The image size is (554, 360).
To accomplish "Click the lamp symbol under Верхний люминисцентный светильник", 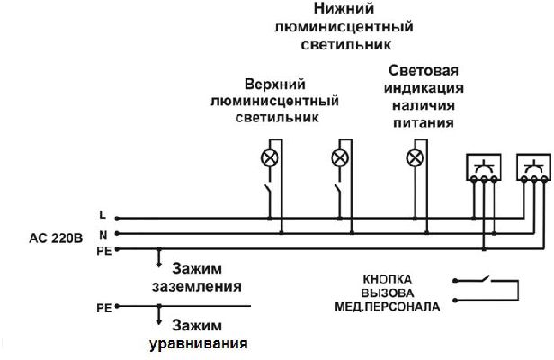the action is [x=270, y=158].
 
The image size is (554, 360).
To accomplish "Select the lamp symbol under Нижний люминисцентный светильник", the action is [x=340, y=158].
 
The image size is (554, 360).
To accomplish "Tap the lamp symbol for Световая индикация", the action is [x=415, y=158].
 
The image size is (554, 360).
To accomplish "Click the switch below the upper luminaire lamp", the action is [x=268, y=193].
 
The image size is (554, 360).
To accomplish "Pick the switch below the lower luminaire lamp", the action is [x=338, y=193].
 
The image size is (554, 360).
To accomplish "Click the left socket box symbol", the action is [x=483, y=167].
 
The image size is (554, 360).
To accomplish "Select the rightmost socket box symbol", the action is [x=533, y=167].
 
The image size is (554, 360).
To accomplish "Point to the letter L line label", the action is [x=103, y=215].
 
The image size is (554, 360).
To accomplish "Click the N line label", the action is [x=103, y=235].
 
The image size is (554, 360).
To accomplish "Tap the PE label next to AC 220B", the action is [x=104, y=251].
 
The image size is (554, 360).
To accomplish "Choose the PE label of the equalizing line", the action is [x=104, y=308].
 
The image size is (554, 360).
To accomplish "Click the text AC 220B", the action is [x=56, y=238].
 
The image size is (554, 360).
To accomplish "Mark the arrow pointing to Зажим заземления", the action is [x=159, y=257].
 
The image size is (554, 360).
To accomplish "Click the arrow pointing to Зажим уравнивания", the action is [x=159, y=315].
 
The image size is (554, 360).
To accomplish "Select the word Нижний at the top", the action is [x=344, y=8].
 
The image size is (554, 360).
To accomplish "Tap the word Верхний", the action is [x=275, y=85].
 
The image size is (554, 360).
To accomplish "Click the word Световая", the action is [x=424, y=70].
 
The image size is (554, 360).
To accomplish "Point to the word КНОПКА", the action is [x=388, y=279].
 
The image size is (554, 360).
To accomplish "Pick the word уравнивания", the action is [x=198, y=344].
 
